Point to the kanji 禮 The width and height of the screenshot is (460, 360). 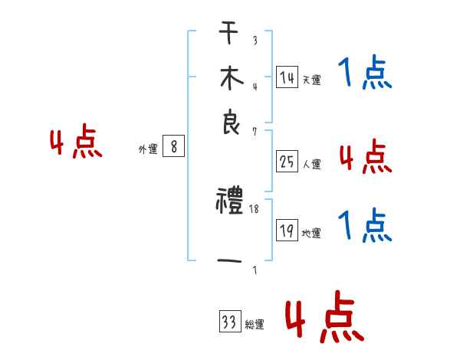[230, 202]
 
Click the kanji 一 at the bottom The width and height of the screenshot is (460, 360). [230, 263]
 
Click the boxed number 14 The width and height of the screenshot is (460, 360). [287, 77]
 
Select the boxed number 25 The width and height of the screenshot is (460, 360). [287, 162]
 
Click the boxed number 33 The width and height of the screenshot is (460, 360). [229, 322]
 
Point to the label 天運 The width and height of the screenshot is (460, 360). [311, 80]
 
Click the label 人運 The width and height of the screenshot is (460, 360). [311, 164]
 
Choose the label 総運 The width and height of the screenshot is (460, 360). [255, 325]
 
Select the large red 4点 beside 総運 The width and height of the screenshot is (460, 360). [324, 319]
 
